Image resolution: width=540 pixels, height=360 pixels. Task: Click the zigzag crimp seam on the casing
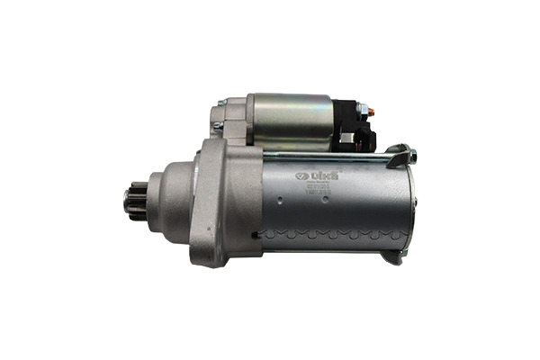click(333, 231)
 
